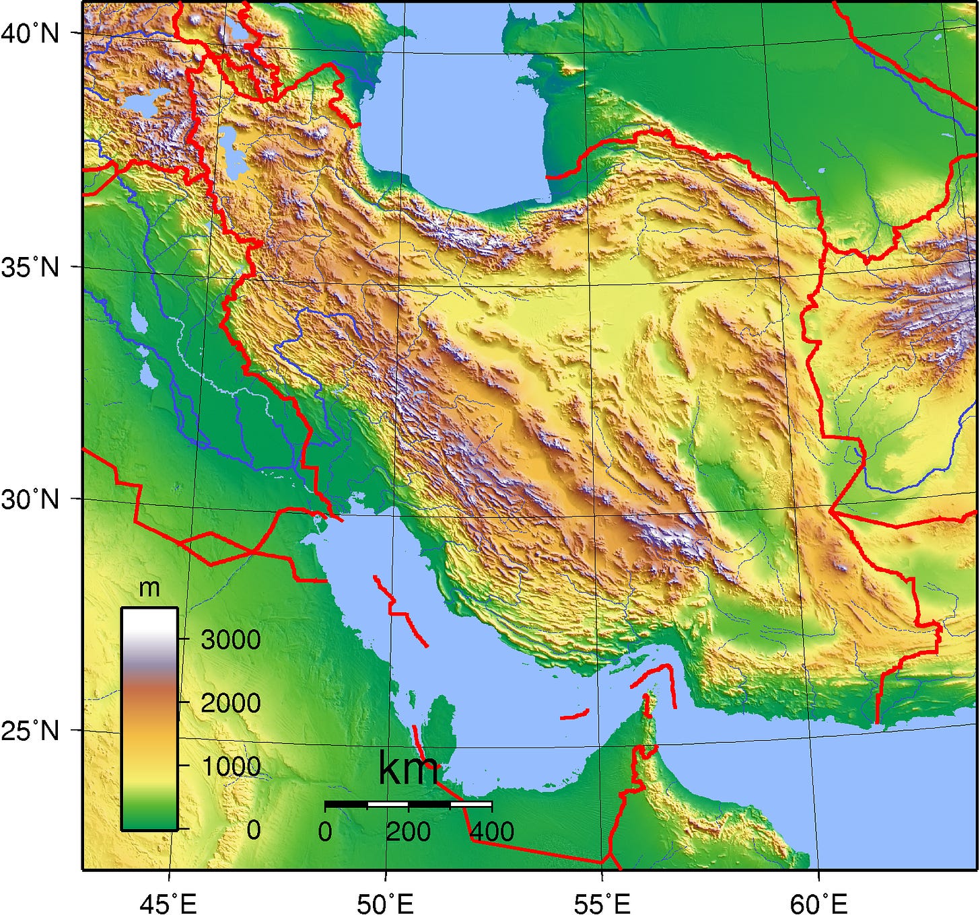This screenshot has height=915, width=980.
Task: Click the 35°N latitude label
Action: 30,267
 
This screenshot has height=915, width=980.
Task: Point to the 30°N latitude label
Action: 30,499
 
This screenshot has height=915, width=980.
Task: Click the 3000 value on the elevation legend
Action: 230,639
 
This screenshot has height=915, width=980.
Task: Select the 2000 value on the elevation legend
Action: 230,703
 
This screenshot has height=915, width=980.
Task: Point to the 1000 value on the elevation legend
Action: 230,766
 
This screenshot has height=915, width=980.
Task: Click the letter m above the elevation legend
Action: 149,588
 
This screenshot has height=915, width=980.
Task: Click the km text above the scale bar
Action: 408,768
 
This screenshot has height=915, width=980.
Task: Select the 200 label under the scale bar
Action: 408,832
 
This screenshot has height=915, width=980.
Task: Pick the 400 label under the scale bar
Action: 492,832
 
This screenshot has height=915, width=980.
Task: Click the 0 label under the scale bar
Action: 325,832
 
